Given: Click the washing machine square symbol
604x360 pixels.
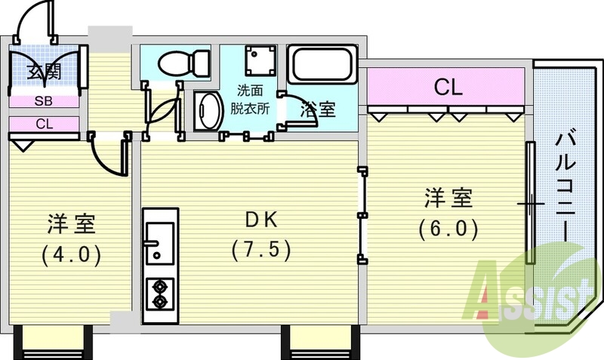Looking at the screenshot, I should pyautogui.click(x=260, y=58).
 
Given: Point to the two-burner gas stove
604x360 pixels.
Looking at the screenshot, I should pyautogui.click(x=160, y=294).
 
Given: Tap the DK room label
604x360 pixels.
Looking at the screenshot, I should pyautogui.click(x=260, y=220).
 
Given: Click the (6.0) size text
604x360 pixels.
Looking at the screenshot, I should pyautogui.click(x=448, y=229).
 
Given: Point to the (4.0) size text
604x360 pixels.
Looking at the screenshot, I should pyautogui.click(x=71, y=254).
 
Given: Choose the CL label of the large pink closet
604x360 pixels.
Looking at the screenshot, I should pyautogui.click(x=447, y=88).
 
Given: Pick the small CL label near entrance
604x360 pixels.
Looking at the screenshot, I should pyautogui.click(x=43, y=125).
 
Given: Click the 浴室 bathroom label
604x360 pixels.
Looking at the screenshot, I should pyautogui.click(x=318, y=109).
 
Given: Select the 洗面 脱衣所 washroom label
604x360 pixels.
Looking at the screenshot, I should pyautogui.click(x=250, y=96).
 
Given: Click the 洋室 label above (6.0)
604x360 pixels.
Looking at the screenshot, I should pyautogui.click(x=448, y=198).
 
